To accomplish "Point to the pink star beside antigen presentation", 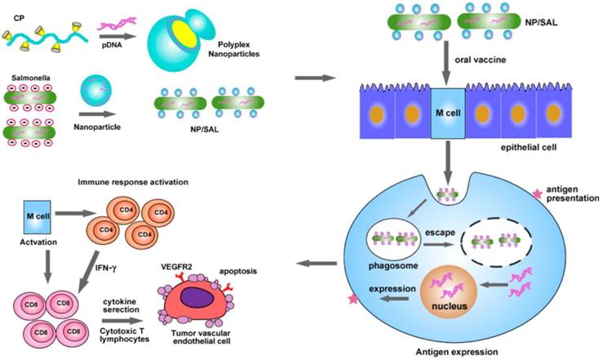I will tap(536, 193).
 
